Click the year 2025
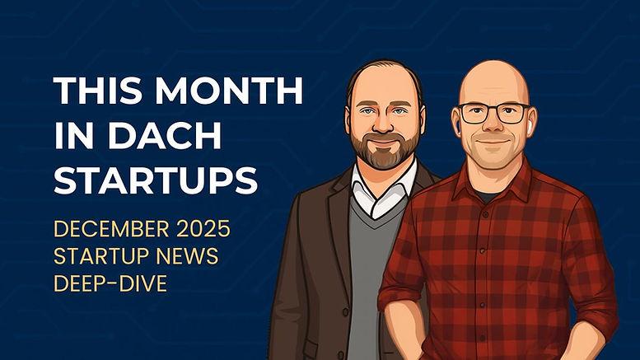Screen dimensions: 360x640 [x=205, y=227]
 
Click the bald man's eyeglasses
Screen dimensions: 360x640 [x=493, y=114]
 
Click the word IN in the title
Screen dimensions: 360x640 [x=71, y=136]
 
